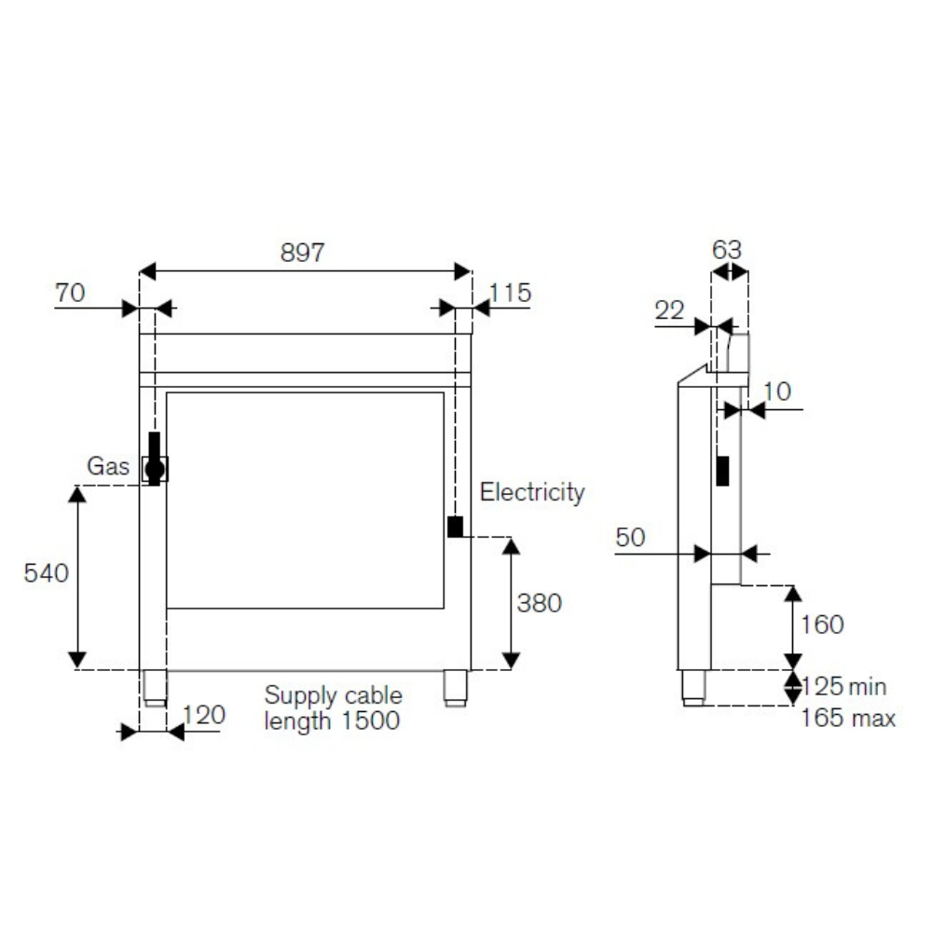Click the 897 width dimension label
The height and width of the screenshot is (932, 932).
point(303,253)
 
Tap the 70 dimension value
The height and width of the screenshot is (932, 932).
point(70,293)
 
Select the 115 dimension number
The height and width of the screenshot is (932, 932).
point(510,293)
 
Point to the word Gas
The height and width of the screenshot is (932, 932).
point(108,466)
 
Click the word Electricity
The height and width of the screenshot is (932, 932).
point(532,492)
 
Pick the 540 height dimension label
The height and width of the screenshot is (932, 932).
point(47,573)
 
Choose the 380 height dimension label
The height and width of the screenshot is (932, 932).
point(539,603)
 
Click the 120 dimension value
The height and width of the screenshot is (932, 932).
point(204,715)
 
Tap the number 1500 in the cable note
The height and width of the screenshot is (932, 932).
point(370,720)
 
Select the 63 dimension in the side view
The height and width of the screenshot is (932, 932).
point(727,250)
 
